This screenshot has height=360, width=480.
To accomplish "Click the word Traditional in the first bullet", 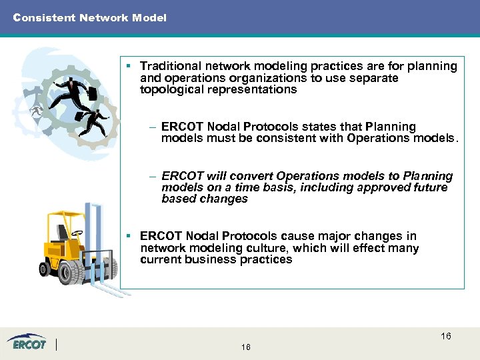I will [x=172, y=66].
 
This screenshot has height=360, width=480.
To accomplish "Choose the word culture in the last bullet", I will [x=250, y=248].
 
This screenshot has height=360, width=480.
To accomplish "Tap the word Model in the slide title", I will [x=151, y=18].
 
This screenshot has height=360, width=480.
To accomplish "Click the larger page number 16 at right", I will [x=445, y=336].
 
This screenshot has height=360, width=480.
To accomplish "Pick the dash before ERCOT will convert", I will [x=153, y=177].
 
